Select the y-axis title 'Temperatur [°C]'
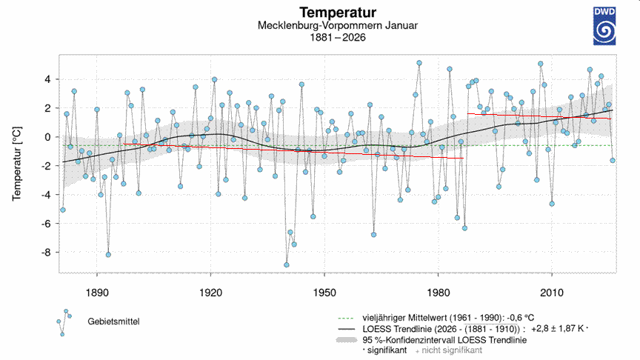click(x=16, y=164)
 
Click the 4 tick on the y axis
click(x=46, y=79)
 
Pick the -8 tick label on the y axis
click(x=44, y=252)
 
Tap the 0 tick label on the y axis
click(x=46, y=137)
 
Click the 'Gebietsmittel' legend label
click(x=114, y=321)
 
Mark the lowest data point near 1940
click(x=287, y=264)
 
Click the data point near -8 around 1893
click(x=108, y=254)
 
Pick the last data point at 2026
click(x=613, y=160)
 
